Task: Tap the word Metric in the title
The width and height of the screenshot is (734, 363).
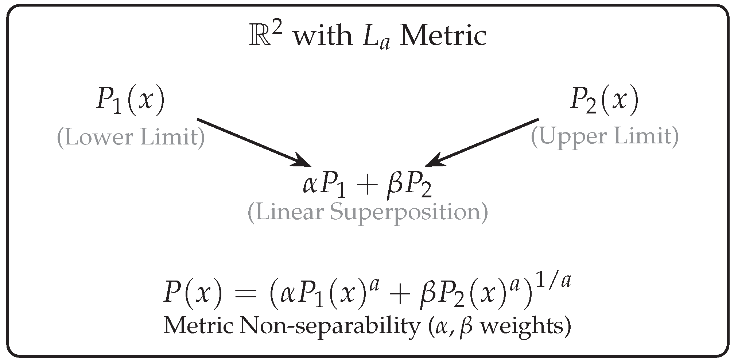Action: [443, 36]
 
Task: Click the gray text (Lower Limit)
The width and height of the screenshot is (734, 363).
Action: [131, 138]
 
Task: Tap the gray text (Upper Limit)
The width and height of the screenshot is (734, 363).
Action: [604, 136]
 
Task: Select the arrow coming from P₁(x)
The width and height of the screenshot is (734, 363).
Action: [254, 142]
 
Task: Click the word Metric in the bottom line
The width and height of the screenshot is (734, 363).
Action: [198, 325]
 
